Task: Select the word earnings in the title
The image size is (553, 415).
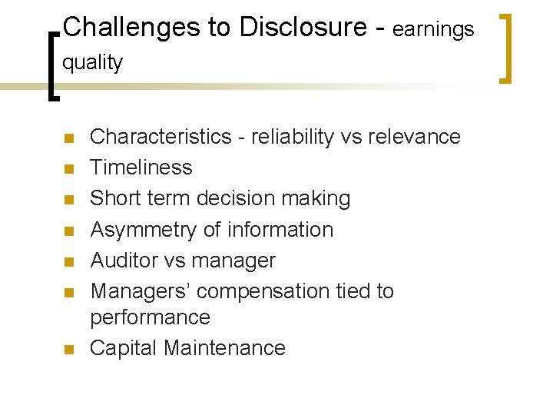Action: coord(434,30)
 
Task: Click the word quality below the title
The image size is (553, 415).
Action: coord(92,63)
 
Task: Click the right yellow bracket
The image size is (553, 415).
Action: coord(505,46)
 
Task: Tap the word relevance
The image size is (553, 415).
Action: coord(416,137)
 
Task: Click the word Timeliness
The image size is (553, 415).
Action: coord(141,168)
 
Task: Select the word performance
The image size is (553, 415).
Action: coord(151,317)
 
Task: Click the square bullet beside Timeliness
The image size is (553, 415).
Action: coord(68,169)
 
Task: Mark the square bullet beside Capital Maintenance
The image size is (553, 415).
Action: coord(68,350)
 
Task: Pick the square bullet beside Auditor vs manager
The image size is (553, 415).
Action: coord(68,262)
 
